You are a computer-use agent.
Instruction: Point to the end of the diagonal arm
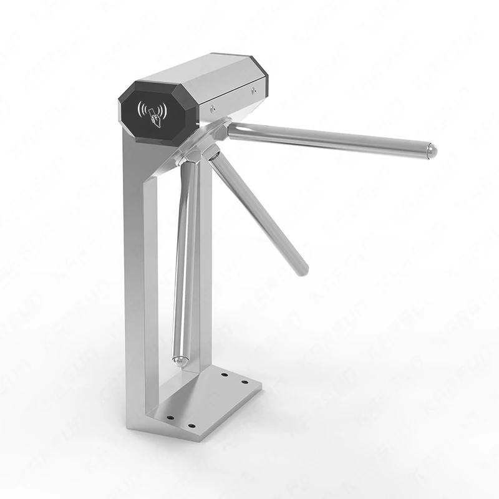point(301,268)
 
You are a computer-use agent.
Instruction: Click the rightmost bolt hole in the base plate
point(245,382)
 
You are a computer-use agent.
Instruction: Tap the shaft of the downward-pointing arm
point(183,262)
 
